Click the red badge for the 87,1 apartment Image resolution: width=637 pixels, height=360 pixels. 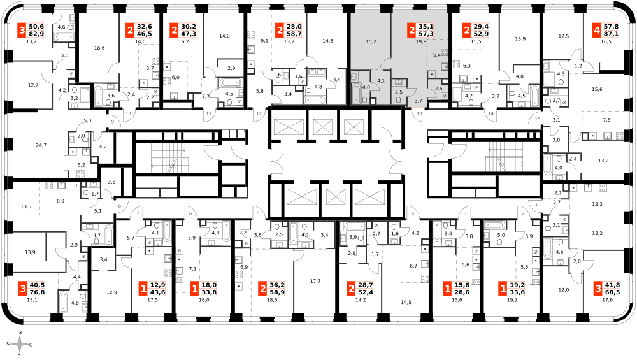tap(597, 30)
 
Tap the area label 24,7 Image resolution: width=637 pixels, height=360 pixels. tap(41, 145)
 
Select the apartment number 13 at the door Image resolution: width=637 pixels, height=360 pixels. tap(420, 114)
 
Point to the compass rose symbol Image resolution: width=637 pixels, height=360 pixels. tap(20, 345)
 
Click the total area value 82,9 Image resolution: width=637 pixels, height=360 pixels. tap(36, 34)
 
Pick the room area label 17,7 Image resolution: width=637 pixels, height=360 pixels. tap(315, 281)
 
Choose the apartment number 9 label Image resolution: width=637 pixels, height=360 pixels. tap(113, 122)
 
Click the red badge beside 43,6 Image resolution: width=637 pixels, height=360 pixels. tap(143, 289)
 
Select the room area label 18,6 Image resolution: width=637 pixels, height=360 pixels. tap(99, 48)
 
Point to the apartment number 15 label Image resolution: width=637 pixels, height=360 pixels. tap(538, 119)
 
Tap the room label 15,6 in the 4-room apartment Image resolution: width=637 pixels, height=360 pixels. tap(597, 89)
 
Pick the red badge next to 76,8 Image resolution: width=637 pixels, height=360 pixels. tap(23, 289)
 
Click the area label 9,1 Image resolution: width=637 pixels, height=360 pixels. tap(264, 41)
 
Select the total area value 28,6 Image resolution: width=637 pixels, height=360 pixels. tap(462, 292)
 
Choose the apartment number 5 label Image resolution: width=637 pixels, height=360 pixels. tap(257, 213)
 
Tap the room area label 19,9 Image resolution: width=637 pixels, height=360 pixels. tap(421, 41)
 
